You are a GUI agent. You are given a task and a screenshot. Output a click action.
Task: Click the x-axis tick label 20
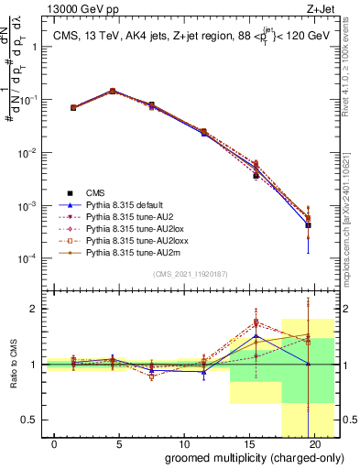pyautogui.click(x=314, y=443)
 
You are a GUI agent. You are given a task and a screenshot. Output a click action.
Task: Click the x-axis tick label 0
pyautogui.click(x=55, y=443)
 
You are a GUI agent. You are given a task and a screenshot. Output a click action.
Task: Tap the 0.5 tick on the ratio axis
pyautogui.click(x=32, y=420)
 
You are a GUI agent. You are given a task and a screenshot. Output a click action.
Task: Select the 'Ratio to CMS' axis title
pyautogui.click(x=12, y=365)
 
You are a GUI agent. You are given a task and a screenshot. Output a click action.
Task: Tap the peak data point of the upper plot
pyautogui.click(x=113, y=91)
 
